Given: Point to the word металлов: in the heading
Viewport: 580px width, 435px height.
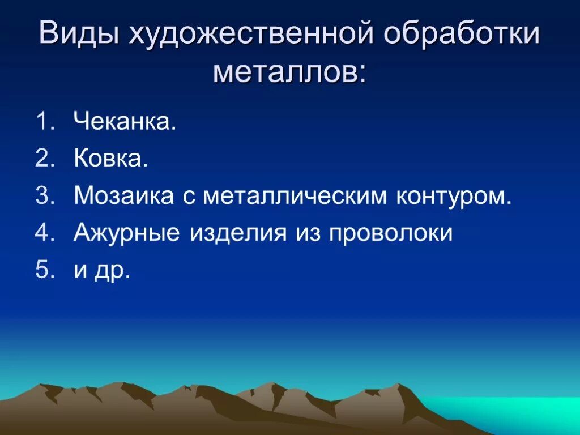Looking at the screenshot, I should click(290, 72).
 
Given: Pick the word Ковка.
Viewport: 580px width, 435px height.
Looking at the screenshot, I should click(111, 159).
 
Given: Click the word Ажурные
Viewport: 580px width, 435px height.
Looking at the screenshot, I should click(127, 233).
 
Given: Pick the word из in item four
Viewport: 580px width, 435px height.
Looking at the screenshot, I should click(306, 233).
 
